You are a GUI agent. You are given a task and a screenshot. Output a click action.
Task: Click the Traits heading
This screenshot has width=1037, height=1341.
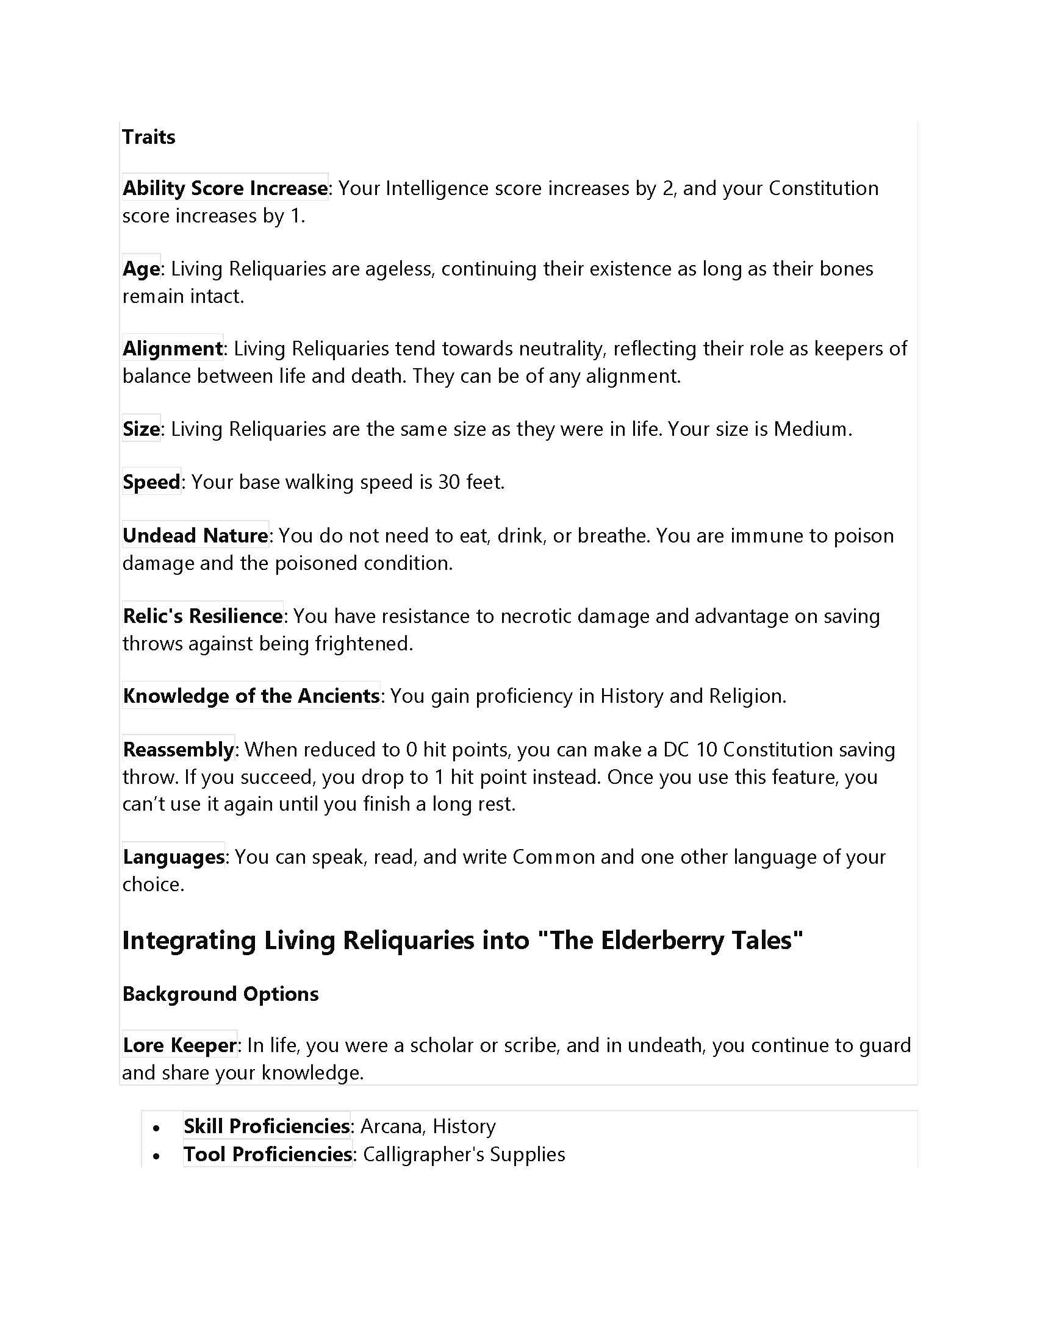click(148, 137)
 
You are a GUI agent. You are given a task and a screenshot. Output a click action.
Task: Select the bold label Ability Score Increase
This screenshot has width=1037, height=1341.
click(225, 188)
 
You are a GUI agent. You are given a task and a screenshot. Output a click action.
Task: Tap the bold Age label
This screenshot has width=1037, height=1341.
click(141, 268)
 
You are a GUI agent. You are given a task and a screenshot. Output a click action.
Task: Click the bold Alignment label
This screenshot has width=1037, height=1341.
click(172, 348)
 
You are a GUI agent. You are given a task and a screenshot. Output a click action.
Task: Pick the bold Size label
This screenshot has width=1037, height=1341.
click(141, 429)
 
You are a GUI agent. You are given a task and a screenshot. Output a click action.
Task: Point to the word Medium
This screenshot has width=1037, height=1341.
click(810, 429)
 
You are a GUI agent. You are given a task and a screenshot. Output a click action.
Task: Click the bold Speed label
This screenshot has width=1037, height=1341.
click(151, 482)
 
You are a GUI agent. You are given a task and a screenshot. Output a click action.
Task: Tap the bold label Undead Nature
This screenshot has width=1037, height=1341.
click(195, 535)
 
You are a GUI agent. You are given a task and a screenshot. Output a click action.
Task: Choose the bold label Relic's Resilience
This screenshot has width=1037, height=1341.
click(202, 616)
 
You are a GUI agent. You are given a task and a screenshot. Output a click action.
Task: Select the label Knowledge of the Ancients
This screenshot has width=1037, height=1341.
click(251, 695)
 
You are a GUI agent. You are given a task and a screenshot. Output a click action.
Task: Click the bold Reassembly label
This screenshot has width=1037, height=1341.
click(178, 749)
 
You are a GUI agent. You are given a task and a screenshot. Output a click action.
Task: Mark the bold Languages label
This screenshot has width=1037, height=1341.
click(173, 856)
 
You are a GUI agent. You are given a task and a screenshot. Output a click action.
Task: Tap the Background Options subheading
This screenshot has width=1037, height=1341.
click(220, 994)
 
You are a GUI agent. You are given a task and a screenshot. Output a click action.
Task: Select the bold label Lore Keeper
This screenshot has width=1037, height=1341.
click(179, 1045)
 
